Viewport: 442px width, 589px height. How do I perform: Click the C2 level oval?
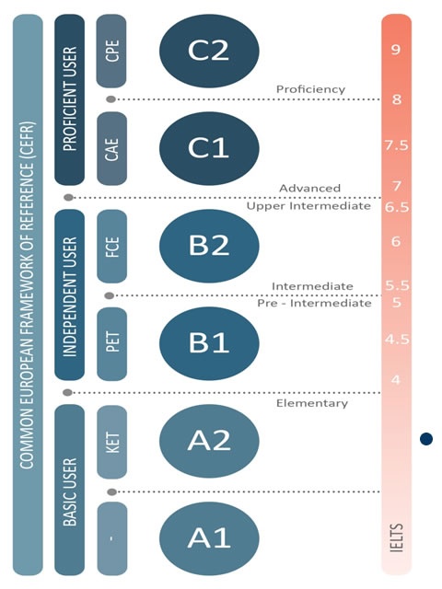pos(209,51)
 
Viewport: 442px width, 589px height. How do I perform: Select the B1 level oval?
pos(209,343)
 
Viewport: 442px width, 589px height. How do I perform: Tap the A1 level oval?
pos(209,537)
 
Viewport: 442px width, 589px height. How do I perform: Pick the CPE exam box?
pos(111,51)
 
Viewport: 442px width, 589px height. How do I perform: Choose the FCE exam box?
pos(111,247)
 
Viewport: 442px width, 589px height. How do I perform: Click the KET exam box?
pos(111,442)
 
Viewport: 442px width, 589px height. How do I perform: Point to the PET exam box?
pos(111,343)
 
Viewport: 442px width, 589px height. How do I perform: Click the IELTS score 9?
pos(395,49)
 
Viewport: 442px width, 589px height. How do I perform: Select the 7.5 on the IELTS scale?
pos(397,145)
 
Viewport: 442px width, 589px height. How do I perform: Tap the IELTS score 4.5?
pos(397,340)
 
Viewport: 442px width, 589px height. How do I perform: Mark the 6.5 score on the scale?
pos(397,207)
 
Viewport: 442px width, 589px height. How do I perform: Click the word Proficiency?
pos(310,89)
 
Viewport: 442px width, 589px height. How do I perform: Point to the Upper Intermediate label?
pos(308,206)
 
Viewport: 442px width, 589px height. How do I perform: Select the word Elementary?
pos(312,403)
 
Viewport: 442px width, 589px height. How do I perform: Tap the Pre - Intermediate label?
pos(314,303)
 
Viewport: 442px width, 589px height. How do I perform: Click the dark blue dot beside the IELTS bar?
pos(426,438)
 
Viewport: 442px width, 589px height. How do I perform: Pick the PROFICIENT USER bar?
pos(70,99)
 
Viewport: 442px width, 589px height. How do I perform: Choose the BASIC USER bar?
pos(70,490)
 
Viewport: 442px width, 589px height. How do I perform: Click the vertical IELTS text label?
pos(397,537)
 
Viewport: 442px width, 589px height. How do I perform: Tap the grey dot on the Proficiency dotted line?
pos(110,99)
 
